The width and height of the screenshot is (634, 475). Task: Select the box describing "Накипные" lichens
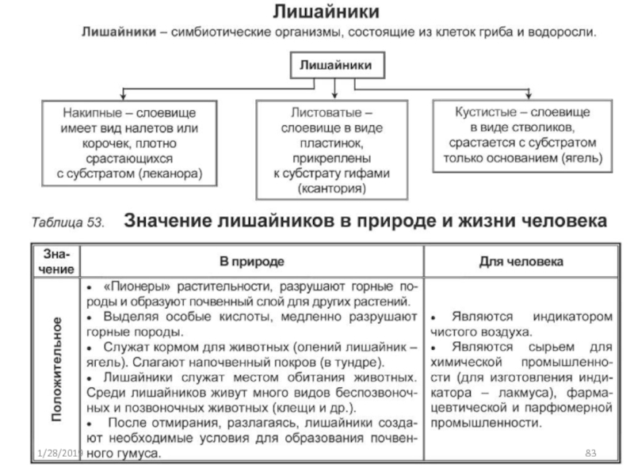click(131, 140)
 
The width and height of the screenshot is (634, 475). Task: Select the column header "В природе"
click(252, 260)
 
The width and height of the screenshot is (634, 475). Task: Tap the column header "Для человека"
click(521, 260)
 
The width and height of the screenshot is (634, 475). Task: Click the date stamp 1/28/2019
click(59, 452)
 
